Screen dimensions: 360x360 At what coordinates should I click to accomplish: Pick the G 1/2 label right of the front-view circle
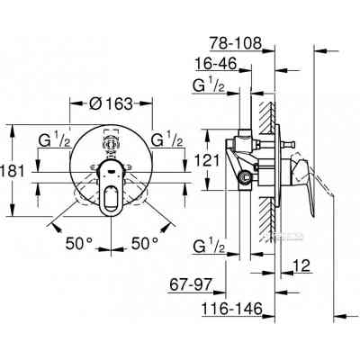coord(168,139)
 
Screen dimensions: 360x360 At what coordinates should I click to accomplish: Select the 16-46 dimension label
coord(216,65)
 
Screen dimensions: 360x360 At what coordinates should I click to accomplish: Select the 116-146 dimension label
coord(222,308)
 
